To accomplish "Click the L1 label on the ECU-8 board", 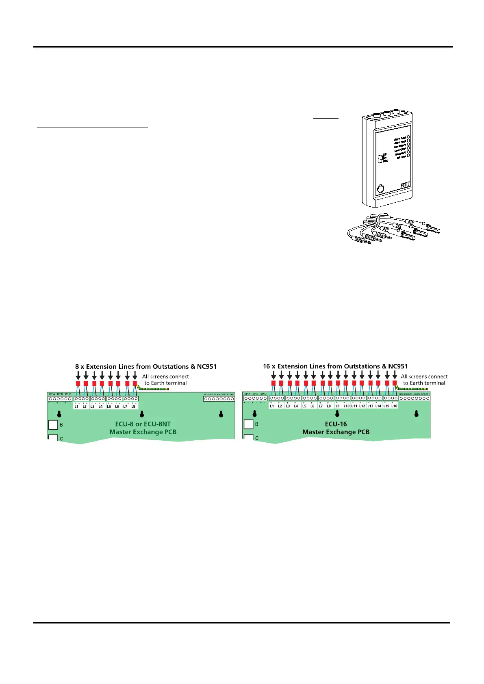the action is (76, 406).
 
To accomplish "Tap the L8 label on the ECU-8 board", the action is (133, 406).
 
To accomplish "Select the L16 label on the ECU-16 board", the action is (394, 406).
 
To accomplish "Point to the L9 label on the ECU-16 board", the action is (338, 406).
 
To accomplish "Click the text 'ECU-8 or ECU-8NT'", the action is (143, 424).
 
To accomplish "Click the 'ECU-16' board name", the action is (336, 424).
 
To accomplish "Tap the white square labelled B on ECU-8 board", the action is (53, 424).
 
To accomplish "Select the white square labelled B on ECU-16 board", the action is (248, 424).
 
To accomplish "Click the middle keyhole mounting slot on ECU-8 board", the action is (142, 414).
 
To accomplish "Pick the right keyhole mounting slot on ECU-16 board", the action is (417, 414).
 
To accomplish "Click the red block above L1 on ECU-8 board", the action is (78, 383).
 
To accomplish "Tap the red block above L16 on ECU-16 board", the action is (394, 383).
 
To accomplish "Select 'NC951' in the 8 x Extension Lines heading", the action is (206, 366).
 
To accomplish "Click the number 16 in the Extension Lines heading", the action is (266, 366).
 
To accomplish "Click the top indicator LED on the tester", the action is (408, 138).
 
